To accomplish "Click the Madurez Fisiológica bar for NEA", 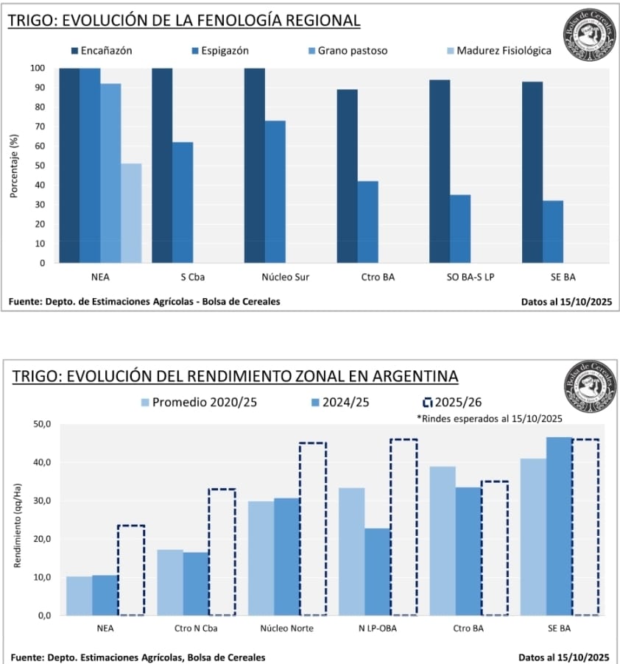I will (x=131, y=213).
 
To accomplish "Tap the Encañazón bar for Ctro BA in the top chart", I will (x=347, y=176).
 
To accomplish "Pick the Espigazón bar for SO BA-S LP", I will (x=460, y=228).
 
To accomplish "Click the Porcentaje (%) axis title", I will (x=14, y=166).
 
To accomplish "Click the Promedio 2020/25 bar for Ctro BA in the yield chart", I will (x=443, y=540).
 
